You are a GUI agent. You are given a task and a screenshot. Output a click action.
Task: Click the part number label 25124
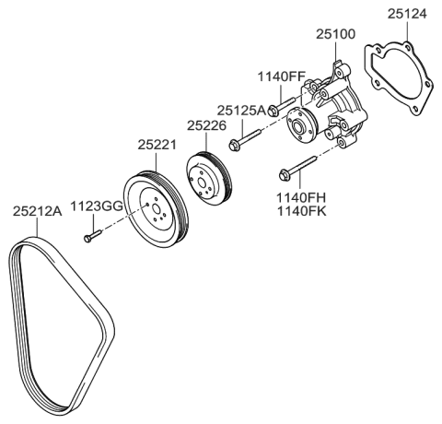coord(407,14)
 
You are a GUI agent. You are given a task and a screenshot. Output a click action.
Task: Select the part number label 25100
coord(337,34)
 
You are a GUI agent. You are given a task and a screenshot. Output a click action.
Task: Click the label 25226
coord(207,124)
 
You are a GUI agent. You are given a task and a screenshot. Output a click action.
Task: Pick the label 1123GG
coord(97,206)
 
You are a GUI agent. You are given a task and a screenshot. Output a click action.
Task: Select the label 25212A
coord(37,211)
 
